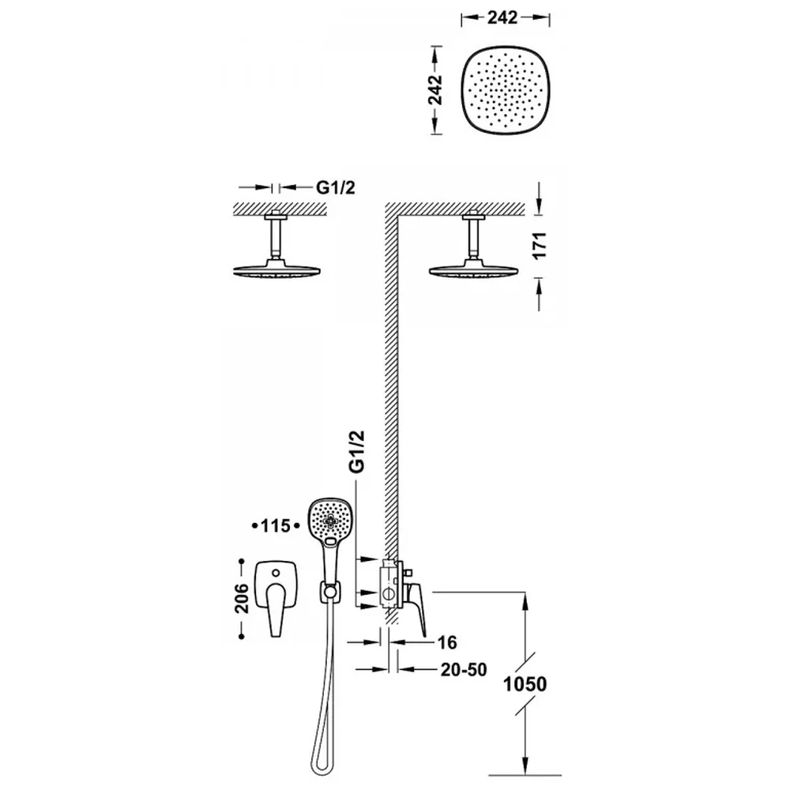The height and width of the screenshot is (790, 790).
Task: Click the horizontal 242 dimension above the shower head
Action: pos(502,17)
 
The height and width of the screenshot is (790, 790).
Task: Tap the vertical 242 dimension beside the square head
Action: pos(435,90)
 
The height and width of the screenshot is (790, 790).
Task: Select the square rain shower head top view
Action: pos(506,90)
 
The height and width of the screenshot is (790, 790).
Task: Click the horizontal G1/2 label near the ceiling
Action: pos(336,187)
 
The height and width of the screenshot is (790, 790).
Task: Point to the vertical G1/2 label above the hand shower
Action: pos(356,451)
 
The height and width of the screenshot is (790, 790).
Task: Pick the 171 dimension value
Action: pos(540,246)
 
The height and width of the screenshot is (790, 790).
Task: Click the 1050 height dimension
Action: pos(525,683)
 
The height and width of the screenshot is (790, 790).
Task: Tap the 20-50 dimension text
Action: pos(464,670)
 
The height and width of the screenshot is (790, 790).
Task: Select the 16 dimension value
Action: pos(447,642)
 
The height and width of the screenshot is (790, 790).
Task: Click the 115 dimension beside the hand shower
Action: pos(276,526)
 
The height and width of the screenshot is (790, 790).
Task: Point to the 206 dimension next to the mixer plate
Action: pos(242,598)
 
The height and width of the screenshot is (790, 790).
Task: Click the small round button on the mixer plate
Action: pos(276,573)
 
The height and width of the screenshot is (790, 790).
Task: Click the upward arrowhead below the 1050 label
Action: pos(525,600)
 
